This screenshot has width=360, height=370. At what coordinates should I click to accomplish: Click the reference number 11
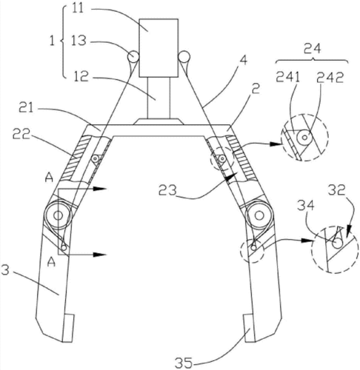click(x=79, y=9)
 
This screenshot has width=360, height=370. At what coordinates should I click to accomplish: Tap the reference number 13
click(x=79, y=41)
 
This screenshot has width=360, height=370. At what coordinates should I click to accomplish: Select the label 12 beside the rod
click(x=81, y=77)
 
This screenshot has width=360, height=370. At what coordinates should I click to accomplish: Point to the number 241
click(x=287, y=78)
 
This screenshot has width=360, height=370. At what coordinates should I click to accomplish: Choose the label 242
click(x=330, y=78)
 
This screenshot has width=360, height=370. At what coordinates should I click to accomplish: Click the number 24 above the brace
click(x=313, y=48)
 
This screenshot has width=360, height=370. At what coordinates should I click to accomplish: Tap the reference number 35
click(x=184, y=363)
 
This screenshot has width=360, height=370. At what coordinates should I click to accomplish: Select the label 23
click(x=168, y=190)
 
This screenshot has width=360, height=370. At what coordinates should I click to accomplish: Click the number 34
click(x=306, y=205)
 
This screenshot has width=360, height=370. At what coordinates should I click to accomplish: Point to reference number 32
click(x=337, y=190)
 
